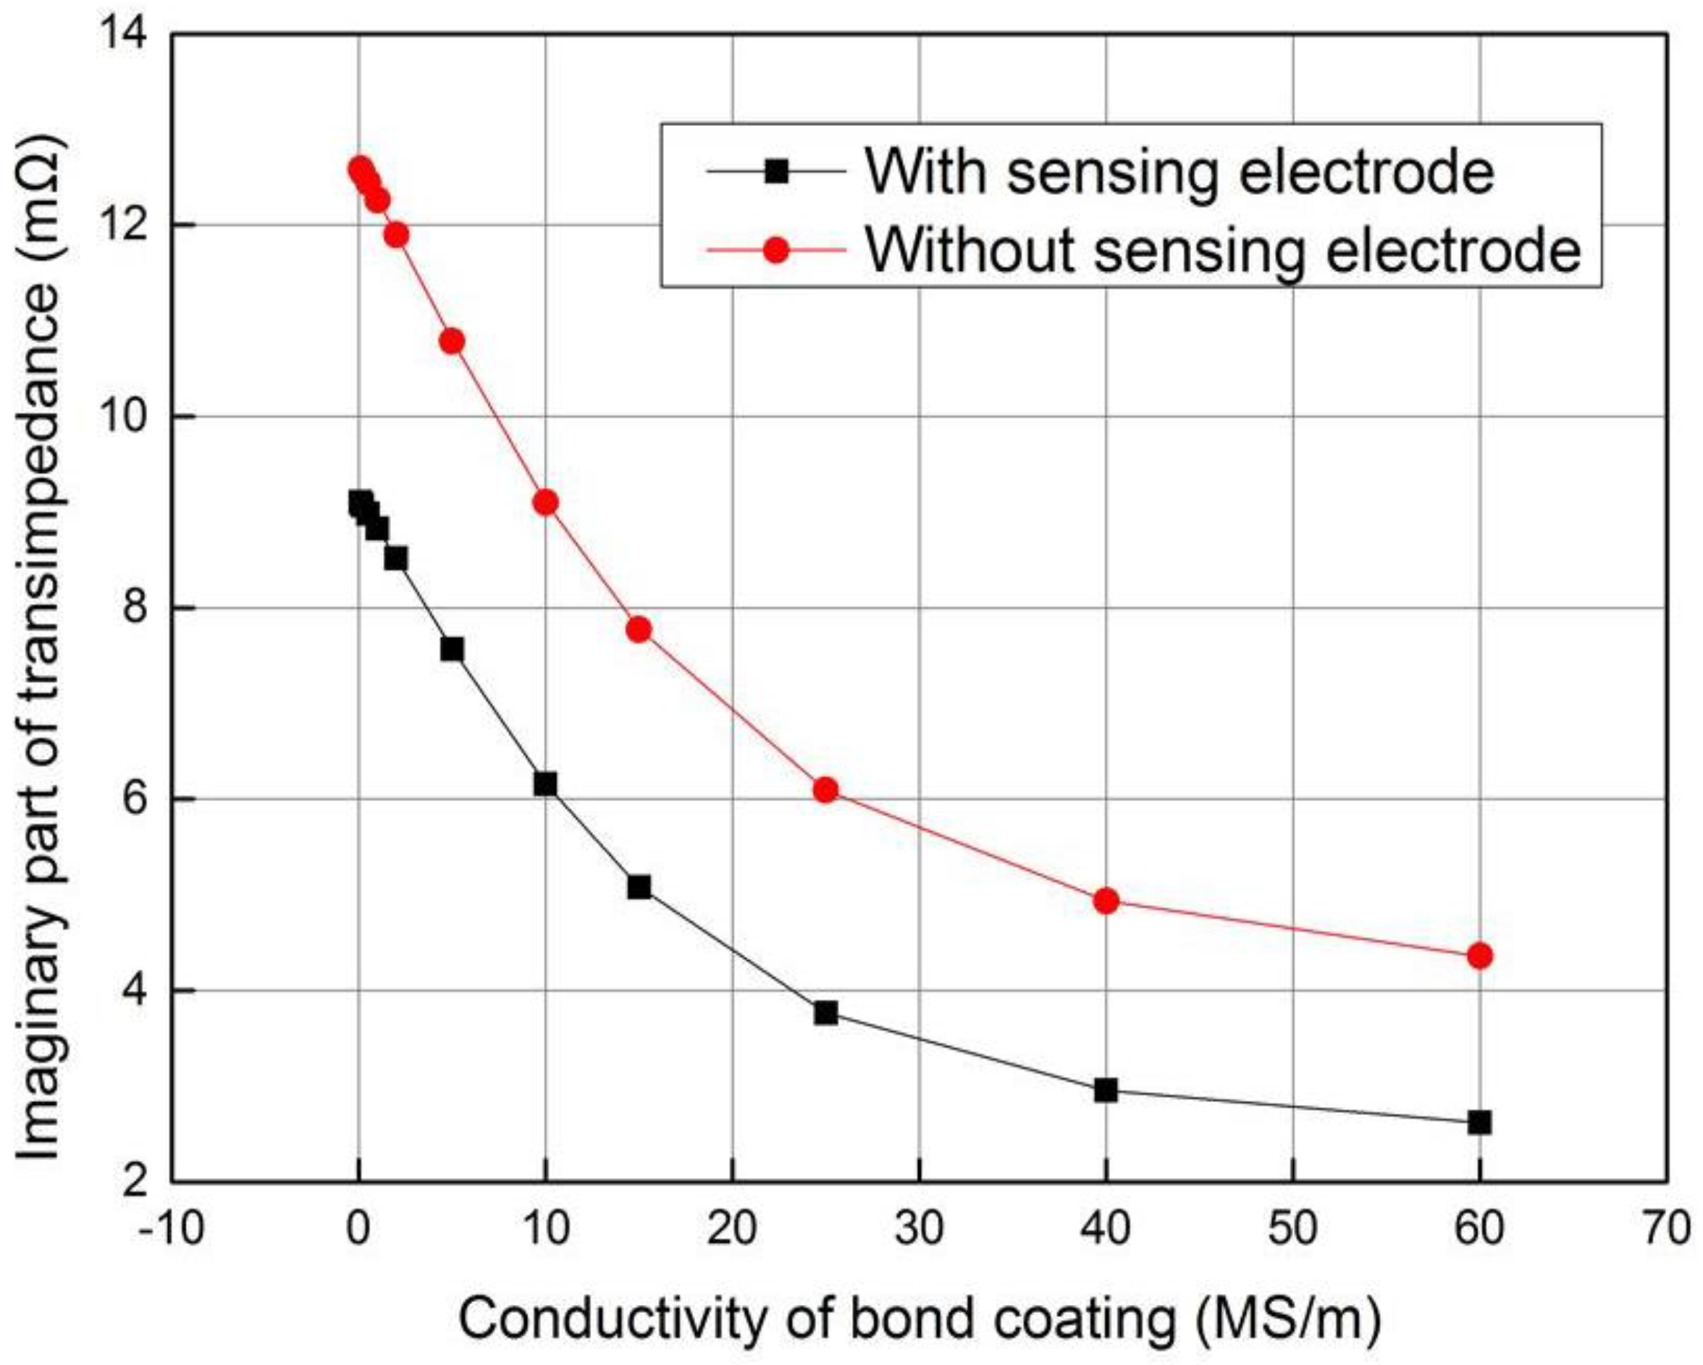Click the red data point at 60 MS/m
(1479, 956)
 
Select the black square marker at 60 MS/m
(1479, 1122)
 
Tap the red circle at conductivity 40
(1106, 901)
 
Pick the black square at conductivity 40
(1106, 1090)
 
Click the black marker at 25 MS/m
(825, 1012)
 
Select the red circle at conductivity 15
(639, 629)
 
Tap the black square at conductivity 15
(639, 887)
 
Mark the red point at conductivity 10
(545, 503)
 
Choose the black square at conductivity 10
(545, 784)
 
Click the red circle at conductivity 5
(452, 341)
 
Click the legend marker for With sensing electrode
(777, 171)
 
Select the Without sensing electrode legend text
(1223, 251)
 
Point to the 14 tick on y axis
(127, 35)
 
